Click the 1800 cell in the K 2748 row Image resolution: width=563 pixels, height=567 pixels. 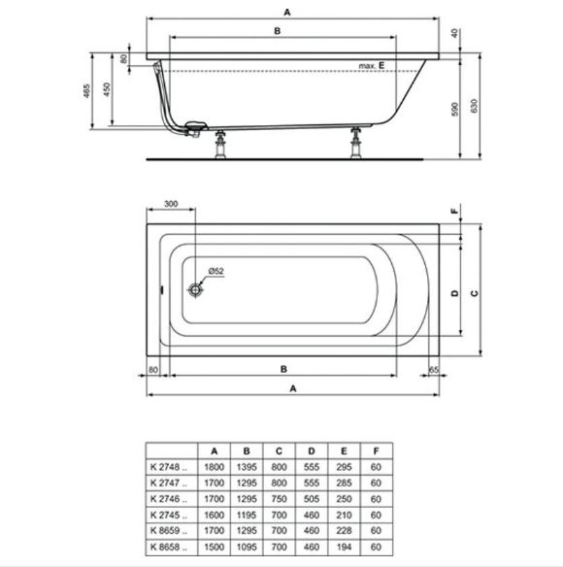(x=215, y=467)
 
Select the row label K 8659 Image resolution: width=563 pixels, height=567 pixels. (x=169, y=530)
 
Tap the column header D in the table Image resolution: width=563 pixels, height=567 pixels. (x=312, y=450)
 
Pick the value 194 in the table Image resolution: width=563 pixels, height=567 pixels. (x=344, y=547)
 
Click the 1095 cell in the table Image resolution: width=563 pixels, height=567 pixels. (x=247, y=547)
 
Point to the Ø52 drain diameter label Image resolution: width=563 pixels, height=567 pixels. (x=215, y=271)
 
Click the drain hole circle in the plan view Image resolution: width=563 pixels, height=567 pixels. (x=195, y=289)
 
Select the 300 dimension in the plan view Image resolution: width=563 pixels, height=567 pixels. (x=171, y=204)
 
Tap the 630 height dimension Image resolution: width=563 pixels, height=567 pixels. (x=474, y=106)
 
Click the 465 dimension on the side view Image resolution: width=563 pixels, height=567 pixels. (x=86, y=91)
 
